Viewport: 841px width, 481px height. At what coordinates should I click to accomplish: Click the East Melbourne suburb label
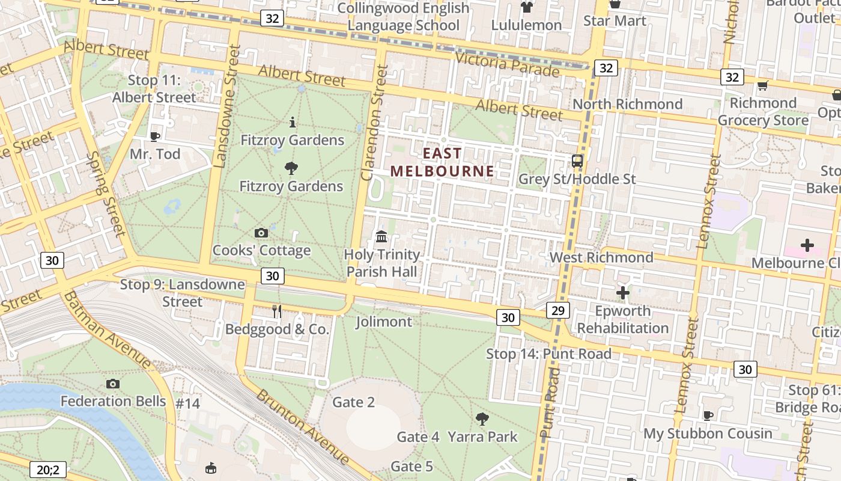442,162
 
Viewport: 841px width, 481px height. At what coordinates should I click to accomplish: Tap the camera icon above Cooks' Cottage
261,233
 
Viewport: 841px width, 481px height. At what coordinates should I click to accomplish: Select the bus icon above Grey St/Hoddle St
577,161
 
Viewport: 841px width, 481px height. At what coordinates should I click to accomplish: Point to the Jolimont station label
384,322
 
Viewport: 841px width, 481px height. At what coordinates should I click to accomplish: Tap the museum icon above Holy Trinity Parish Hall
381,237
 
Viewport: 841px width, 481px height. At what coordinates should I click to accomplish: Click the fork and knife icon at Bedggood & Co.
277,311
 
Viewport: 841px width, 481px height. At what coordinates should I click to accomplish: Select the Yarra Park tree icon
482,418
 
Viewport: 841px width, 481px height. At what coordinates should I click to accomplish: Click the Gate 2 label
354,402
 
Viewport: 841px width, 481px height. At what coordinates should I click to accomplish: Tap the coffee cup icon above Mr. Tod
155,136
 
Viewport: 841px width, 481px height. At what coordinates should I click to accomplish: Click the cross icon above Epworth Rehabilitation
623,293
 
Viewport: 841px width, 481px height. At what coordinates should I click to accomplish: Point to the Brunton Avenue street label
303,426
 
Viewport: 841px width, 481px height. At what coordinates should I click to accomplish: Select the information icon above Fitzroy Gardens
293,123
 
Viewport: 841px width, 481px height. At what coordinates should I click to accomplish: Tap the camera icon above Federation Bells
112,384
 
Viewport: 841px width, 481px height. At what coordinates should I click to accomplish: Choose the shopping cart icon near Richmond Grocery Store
762,86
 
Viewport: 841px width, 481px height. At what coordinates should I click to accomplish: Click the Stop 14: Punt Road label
548,354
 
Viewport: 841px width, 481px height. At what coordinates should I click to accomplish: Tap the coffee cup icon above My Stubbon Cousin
708,415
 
